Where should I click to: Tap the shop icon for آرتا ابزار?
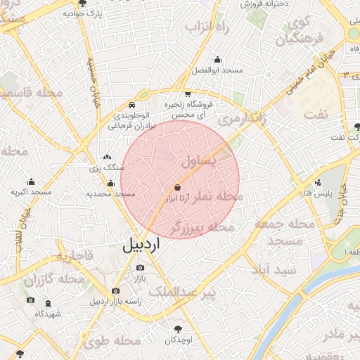[177, 188]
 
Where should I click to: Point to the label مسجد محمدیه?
[110, 193]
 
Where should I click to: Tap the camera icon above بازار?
[139, 268]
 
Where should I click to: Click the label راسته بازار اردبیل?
[116, 302]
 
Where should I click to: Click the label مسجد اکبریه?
[31, 192]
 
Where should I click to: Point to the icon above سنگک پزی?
[107, 157]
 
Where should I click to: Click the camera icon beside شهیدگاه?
[30, 300]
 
